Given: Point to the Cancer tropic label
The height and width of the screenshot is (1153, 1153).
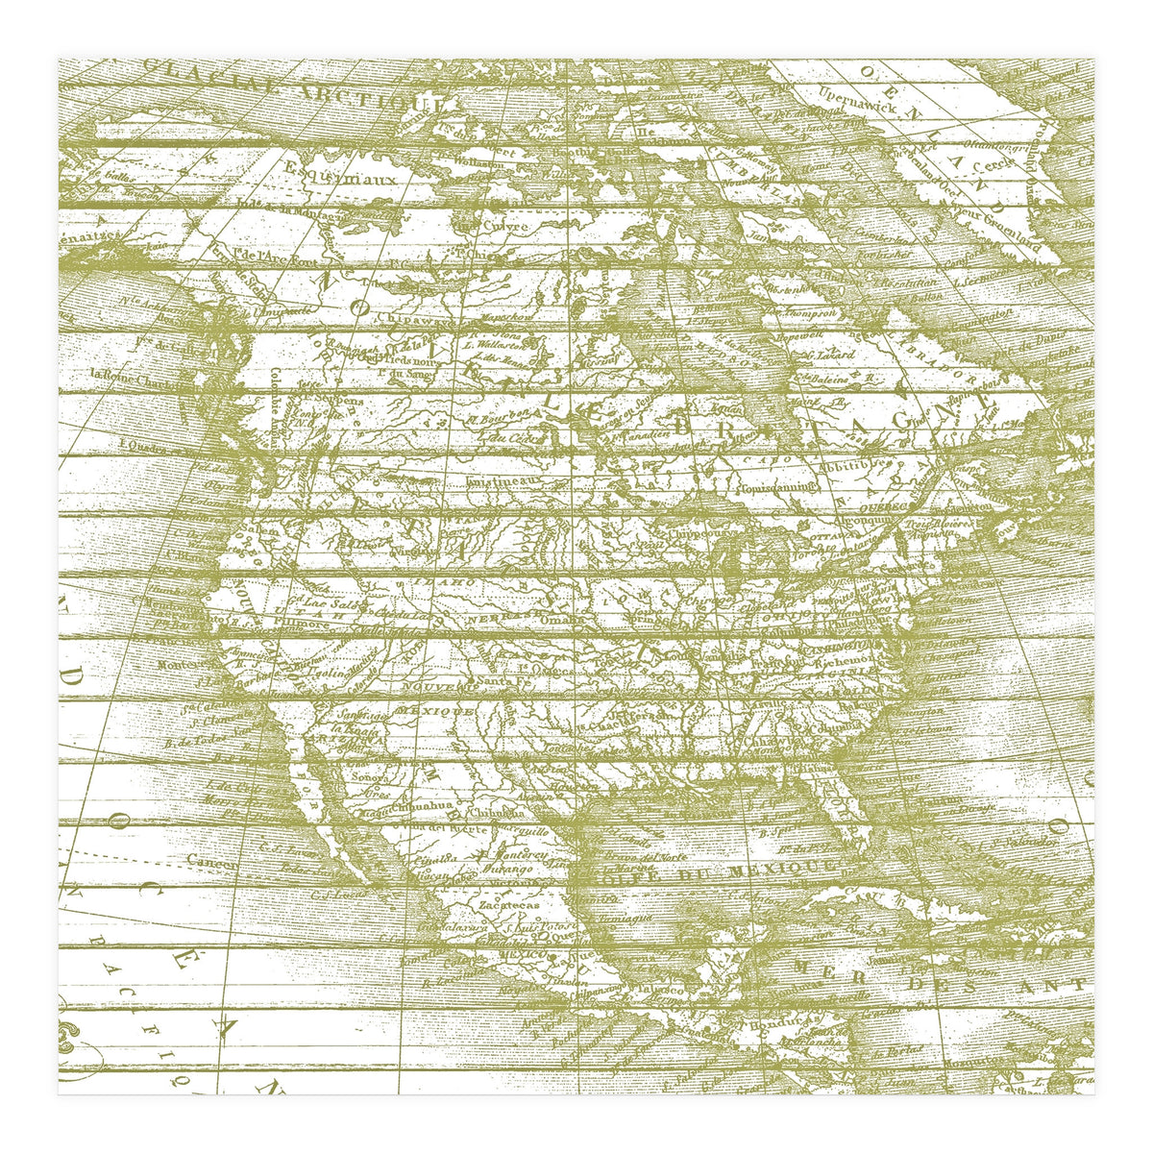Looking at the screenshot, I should (x=211, y=859).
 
